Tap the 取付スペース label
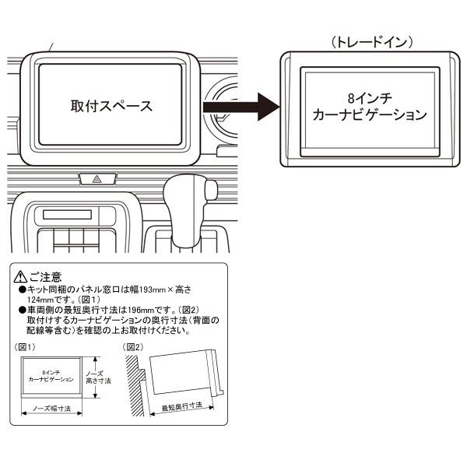[x=111, y=104]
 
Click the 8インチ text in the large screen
[x=367, y=99]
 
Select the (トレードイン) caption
[x=365, y=40]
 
